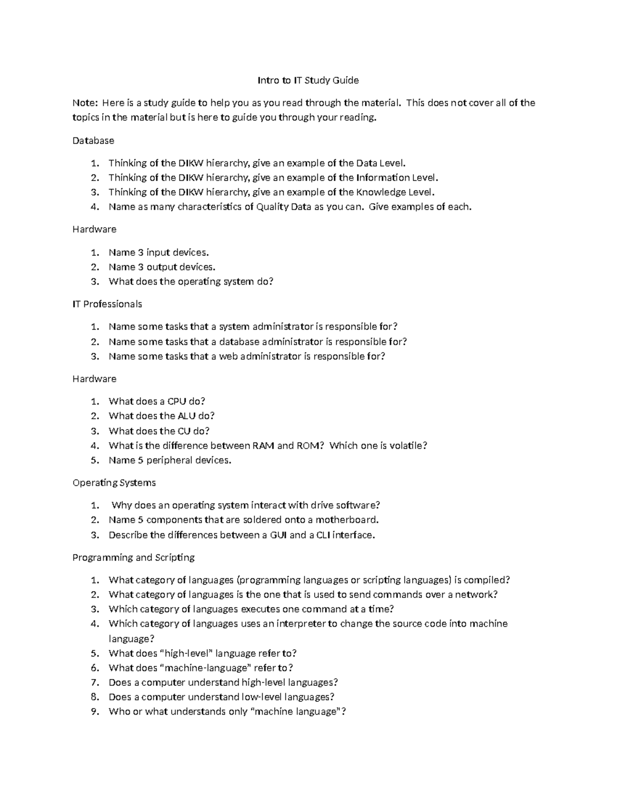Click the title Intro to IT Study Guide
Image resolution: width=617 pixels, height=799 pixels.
click(x=307, y=80)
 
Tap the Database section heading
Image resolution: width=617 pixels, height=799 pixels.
click(x=93, y=140)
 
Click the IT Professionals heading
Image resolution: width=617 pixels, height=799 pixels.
click(x=107, y=304)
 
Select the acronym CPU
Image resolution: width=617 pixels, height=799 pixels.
click(x=177, y=401)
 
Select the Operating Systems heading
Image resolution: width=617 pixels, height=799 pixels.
click(x=114, y=483)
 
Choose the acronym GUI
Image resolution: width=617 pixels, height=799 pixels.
click(x=278, y=535)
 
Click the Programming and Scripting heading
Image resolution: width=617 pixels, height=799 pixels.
click(x=133, y=558)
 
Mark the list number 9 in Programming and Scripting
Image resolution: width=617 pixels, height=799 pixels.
click(x=94, y=712)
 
